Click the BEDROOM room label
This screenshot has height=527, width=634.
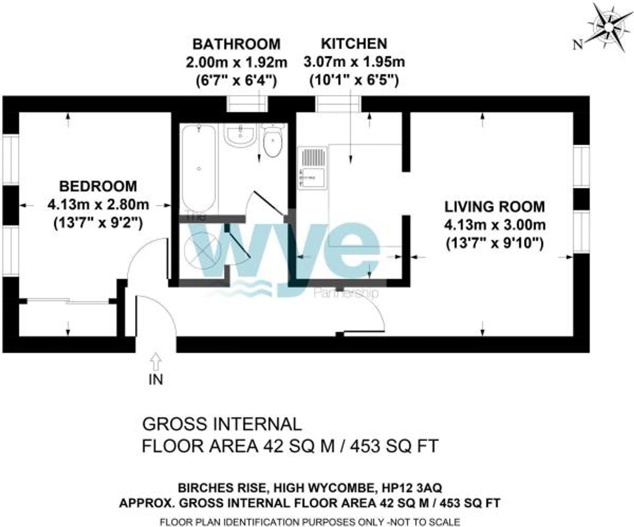(98, 186)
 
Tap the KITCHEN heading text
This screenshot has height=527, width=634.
(354, 44)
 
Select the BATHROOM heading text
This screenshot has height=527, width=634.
(236, 44)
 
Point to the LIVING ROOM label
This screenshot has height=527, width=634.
(495, 207)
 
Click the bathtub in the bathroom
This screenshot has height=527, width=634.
(199, 168)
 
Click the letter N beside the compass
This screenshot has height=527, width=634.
(578, 45)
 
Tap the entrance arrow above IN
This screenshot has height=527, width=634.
(156, 361)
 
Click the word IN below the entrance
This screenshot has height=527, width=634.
(156, 379)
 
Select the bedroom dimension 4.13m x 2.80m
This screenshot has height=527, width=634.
(98, 205)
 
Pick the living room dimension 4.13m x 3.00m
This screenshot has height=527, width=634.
(495, 225)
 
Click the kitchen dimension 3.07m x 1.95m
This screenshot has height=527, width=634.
(354, 62)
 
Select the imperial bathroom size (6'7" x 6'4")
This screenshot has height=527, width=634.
(236, 81)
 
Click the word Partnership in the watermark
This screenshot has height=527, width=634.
(346, 292)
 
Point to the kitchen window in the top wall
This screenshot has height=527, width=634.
(338, 104)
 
